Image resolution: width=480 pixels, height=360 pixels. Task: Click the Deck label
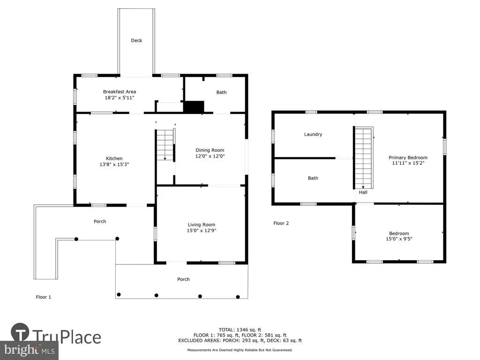pos(136,40)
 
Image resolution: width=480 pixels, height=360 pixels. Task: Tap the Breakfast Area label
pos(120,91)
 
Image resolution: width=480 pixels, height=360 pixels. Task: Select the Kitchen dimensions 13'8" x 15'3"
pos(114,165)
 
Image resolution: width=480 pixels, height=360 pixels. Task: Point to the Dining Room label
pos(210,150)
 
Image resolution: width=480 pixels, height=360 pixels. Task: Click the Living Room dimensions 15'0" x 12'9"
pos(202,231)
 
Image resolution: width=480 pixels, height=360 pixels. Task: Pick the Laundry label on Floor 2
pos(313,135)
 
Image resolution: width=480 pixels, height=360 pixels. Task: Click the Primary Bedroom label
pos(408,157)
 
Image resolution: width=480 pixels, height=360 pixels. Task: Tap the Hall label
pos(363,192)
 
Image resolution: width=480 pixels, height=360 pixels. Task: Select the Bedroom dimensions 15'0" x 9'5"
pos(399,239)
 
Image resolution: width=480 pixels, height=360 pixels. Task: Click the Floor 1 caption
pos(44,297)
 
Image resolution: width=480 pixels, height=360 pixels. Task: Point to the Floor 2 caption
pos(281,223)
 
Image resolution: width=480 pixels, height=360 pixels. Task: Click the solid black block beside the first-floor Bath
pos(194,106)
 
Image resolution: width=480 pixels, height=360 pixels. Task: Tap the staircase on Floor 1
pos(165,145)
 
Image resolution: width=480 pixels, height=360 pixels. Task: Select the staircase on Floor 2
pos(363,158)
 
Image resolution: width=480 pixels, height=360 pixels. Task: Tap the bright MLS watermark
pos(30,350)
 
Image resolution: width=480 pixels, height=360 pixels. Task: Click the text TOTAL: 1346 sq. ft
pos(240,330)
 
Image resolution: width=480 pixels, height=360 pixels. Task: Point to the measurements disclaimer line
pos(240,350)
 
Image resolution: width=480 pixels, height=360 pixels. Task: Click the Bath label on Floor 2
pos(313,178)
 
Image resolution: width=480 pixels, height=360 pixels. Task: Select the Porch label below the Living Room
pos(183,279)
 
